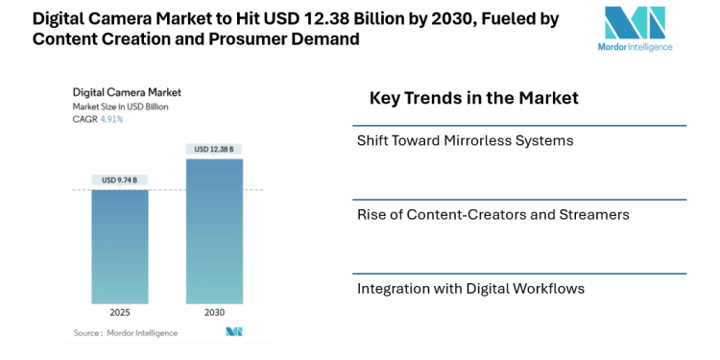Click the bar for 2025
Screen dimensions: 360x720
[x=120, y=247]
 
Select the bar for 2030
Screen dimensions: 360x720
[x=214, y=231]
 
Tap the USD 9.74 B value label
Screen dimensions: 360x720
[x=120, y=180]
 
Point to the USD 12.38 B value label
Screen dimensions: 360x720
[x=214, y=149]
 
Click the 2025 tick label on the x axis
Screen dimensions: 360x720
[x=120, y=313]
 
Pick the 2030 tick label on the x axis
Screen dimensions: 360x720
[x=214, y=313]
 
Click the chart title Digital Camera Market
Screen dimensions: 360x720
[x=127, y=93]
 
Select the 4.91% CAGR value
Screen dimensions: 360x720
[x=111, y=119]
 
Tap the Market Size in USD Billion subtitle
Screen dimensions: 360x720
[x=121, y=107]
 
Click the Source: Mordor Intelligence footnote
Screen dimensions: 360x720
[x=126, y=333]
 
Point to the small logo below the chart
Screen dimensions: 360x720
[x=233, y=332]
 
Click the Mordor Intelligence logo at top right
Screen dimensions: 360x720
[x=634, y=29]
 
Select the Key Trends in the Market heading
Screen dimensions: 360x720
[x=473, y=98]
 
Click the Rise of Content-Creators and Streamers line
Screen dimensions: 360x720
[x=492, y=214]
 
